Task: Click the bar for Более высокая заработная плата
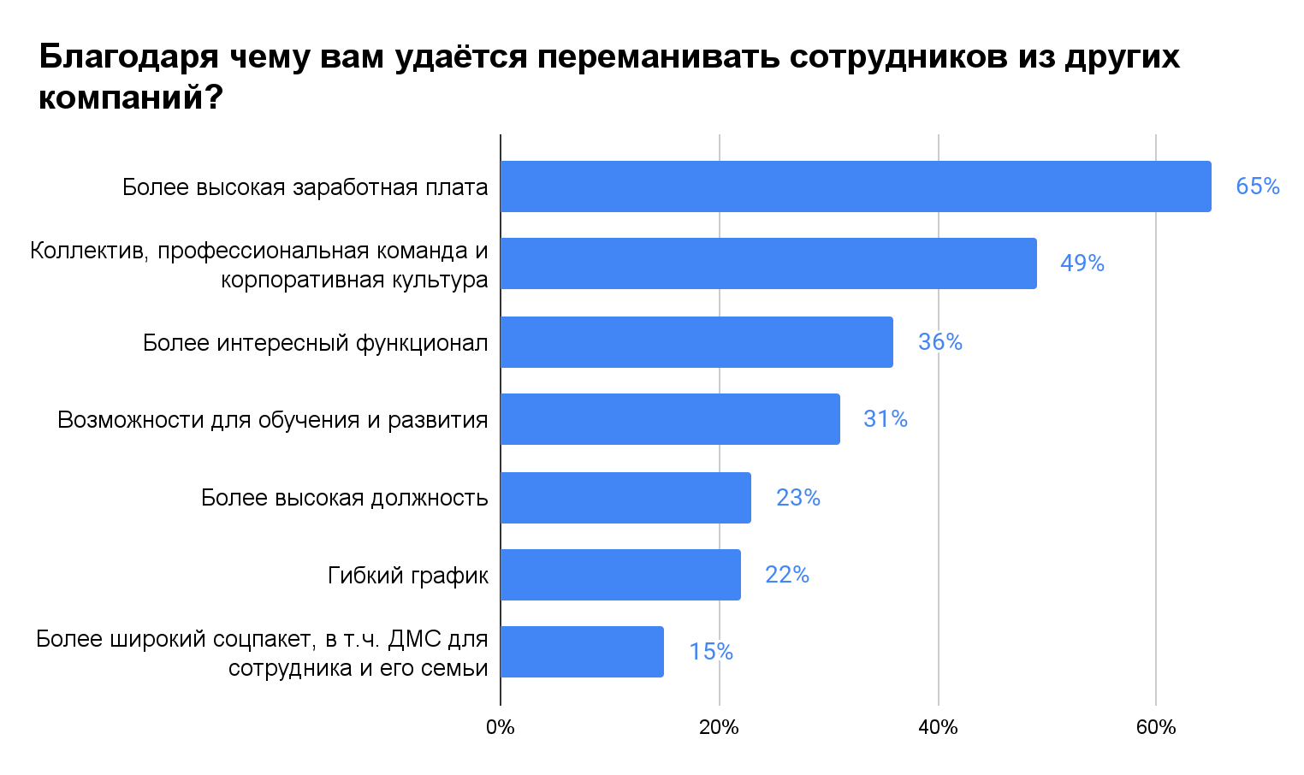856,186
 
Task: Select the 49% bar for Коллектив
768,263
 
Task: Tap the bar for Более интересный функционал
696,342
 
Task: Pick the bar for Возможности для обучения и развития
670,419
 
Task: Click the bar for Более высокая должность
625,498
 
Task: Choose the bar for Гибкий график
620,575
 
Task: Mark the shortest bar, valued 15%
582,652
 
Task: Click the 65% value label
1258,186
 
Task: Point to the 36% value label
940,342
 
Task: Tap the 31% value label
886,419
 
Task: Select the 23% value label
798,498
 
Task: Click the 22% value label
787,575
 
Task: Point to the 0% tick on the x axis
501,728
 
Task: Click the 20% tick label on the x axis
719,728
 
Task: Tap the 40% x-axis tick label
938,728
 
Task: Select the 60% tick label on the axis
1156,728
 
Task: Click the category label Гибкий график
408,576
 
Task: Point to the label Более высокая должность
345,498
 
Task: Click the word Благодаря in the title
128,58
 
